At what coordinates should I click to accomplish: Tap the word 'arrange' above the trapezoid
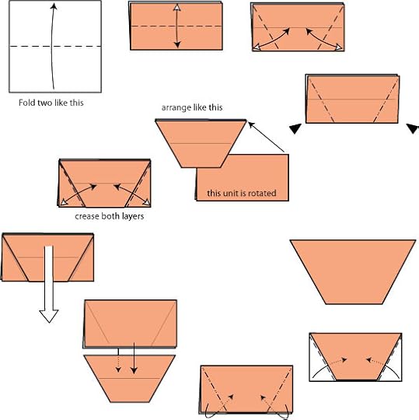click(x=173, y=107)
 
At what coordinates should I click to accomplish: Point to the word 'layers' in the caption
click(x=134, y=216)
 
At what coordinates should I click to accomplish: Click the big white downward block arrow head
click(x=49, y=317)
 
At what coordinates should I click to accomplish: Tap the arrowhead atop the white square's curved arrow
click(x=54, y=6)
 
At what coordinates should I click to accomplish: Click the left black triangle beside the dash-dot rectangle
click(x=295, y=128)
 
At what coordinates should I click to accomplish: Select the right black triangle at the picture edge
click(x=413, y=128)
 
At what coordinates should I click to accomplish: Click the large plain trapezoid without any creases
click(x=353, y=271)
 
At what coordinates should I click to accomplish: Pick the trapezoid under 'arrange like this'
click(x=201, y=144)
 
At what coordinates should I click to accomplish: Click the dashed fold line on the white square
click(x=55, y=47)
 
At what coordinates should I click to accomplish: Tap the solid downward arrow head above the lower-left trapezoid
click(x=134, y=370)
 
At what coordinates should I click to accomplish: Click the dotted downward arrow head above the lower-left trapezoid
click(x=118, y=369)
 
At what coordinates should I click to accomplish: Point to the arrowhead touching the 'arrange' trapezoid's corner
click(x=251, y=124)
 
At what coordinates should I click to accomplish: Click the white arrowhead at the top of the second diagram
click(x=176, y=8)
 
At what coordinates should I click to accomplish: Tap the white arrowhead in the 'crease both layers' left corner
click(x=64, y=202)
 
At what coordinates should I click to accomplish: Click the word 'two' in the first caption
click(x=42, y=103)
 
